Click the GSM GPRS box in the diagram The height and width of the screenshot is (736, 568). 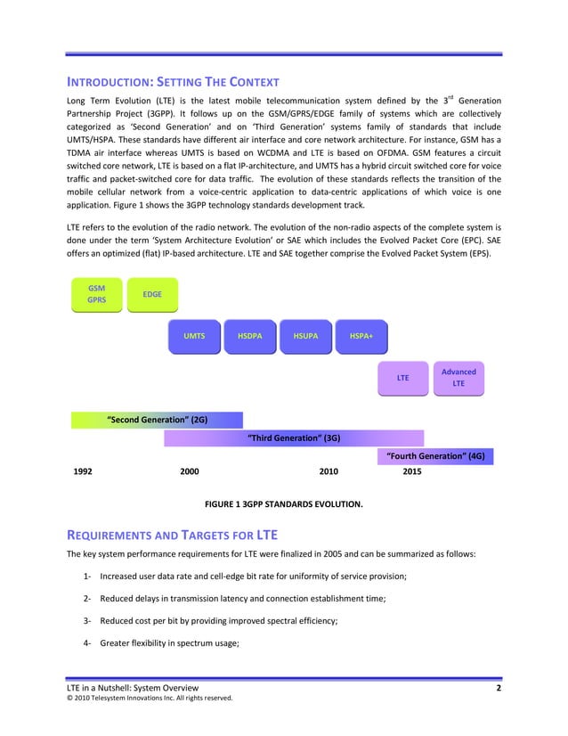[x=97, y=294]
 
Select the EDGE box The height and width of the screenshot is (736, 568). [x=152, y=294]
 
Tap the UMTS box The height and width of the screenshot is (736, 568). [x=194, y=336]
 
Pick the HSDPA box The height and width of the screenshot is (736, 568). [x=250, y=336]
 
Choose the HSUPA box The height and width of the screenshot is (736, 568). [x=305, y=336]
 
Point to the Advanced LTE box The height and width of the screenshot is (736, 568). [x=458, y=378]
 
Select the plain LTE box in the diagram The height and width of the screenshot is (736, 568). [x=402, y=378]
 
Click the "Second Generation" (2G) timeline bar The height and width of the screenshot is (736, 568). [x=157, y=420]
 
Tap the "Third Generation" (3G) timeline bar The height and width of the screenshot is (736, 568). [x=294, y=438]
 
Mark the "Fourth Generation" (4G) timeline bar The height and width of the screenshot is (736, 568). [x=436, y=456]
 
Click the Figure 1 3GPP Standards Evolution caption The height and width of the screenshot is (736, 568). [x=284, y=504]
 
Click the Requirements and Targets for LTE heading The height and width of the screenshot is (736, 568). [x=173, y=535]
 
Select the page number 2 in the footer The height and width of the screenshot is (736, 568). [x=499, y=688]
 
